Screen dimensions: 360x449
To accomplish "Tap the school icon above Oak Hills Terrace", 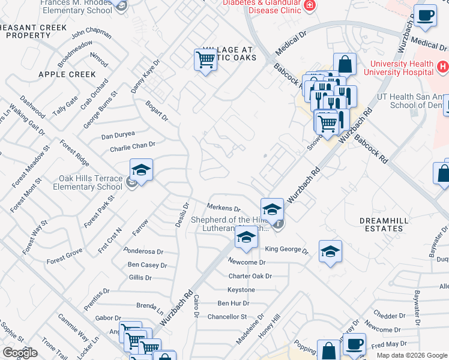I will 141,170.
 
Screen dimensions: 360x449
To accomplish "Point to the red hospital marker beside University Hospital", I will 442,65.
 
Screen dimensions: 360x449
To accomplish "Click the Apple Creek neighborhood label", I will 67,74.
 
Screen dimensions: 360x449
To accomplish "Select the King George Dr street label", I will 286,249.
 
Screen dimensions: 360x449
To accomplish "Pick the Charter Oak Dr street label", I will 250,276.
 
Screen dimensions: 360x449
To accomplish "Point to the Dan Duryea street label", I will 118,136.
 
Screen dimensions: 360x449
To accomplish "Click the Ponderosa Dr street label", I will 143,251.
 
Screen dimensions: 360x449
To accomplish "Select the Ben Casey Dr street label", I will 147,265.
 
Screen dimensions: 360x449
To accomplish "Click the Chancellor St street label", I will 228,316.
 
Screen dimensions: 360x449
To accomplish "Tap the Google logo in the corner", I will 20,353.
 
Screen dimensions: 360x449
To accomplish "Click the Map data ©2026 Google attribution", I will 412,355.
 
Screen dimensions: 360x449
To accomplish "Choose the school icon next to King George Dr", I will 330,252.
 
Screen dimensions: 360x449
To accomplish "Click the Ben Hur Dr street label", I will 232,304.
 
